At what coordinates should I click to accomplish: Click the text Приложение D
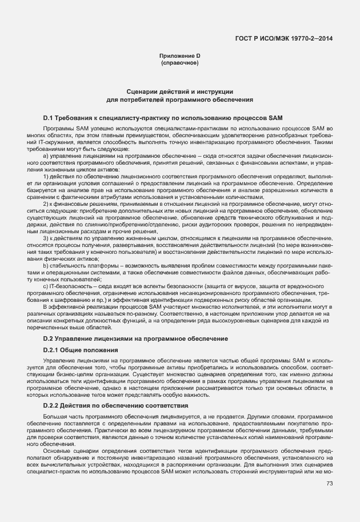(x=179, y=55)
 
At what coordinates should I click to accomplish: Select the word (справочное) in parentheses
(x=179, y=62)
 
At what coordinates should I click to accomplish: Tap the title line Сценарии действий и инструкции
(x=179, y=91)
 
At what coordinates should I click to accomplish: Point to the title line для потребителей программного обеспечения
(x=179, y=99)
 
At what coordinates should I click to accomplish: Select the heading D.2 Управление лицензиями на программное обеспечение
(x=135, y=339)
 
